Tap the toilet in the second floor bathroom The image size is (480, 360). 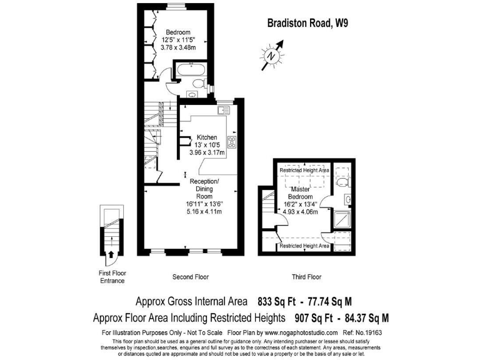(x=198, y=82)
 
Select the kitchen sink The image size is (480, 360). (x=224, y=111)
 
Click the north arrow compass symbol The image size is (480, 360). (x=272, y=54)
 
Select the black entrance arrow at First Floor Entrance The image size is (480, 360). (x=111, y=254)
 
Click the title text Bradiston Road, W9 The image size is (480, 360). (x=307, y=24)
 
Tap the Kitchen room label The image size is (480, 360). (x=207, y=137)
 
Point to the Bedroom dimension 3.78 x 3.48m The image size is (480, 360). (x=178, y=47)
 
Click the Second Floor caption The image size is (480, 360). (x=191, y=276)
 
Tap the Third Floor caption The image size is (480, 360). (x=306, y=276)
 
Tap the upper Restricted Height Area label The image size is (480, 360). (x=304, y=170)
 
